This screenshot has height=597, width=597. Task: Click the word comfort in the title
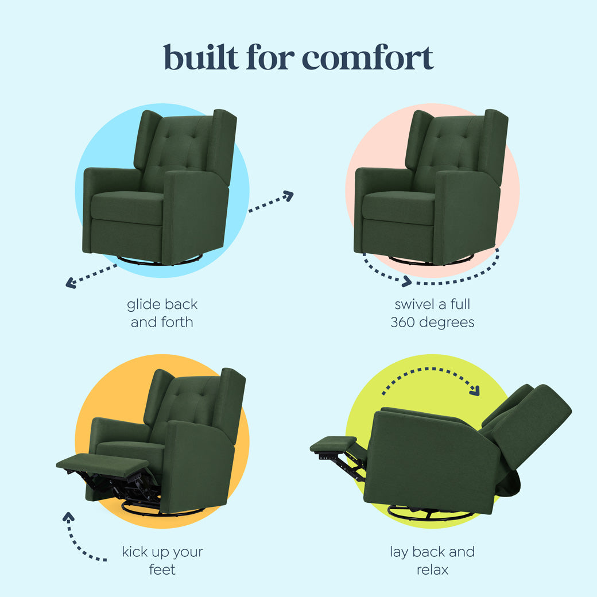(367, 57)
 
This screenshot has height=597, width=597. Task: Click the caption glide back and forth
(162, 313)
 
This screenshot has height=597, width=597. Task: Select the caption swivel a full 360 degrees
(432, 313)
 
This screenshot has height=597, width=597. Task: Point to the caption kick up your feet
(162, 561)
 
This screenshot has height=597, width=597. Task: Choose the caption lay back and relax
(432, 561)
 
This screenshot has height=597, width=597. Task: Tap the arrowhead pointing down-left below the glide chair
(71, 282)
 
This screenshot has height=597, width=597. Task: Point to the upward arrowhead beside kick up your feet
(69, 517)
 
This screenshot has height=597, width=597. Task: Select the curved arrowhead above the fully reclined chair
(474, 391)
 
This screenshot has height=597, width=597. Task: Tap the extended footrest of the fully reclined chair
(333, 444)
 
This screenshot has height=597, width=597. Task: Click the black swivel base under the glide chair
(155, 262)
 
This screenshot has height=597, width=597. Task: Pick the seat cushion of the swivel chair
(398, 206)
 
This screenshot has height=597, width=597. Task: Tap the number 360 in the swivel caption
(402, 322)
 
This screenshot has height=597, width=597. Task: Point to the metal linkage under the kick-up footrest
(115, 488)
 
